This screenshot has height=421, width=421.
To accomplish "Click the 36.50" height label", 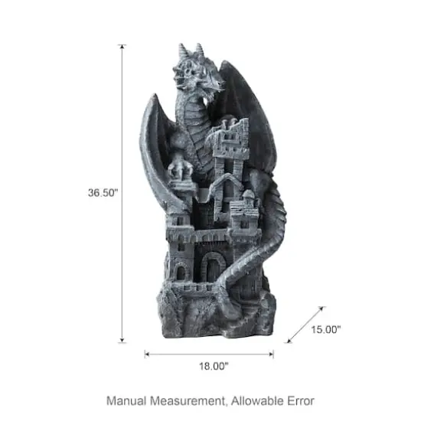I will point(103,194).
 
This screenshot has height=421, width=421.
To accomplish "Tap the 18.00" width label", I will point(210,367).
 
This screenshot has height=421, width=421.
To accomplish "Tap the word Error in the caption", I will point(299,400).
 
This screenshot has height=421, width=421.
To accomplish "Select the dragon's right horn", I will point(201,49).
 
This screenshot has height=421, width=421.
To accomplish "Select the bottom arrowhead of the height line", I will point(122,341).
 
